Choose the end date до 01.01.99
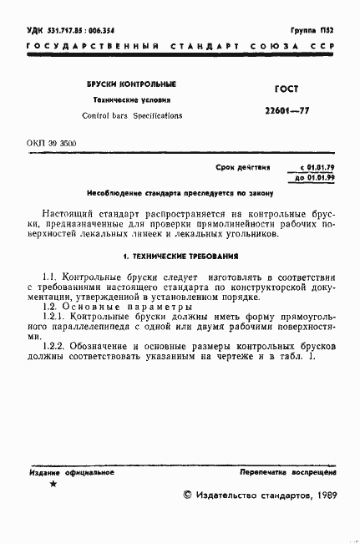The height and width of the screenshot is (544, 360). click(x=309, y=178)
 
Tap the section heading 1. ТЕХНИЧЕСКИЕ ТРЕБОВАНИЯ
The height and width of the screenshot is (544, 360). click(x=180, y=256)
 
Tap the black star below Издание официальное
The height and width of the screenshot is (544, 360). click(x=54, y=485)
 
